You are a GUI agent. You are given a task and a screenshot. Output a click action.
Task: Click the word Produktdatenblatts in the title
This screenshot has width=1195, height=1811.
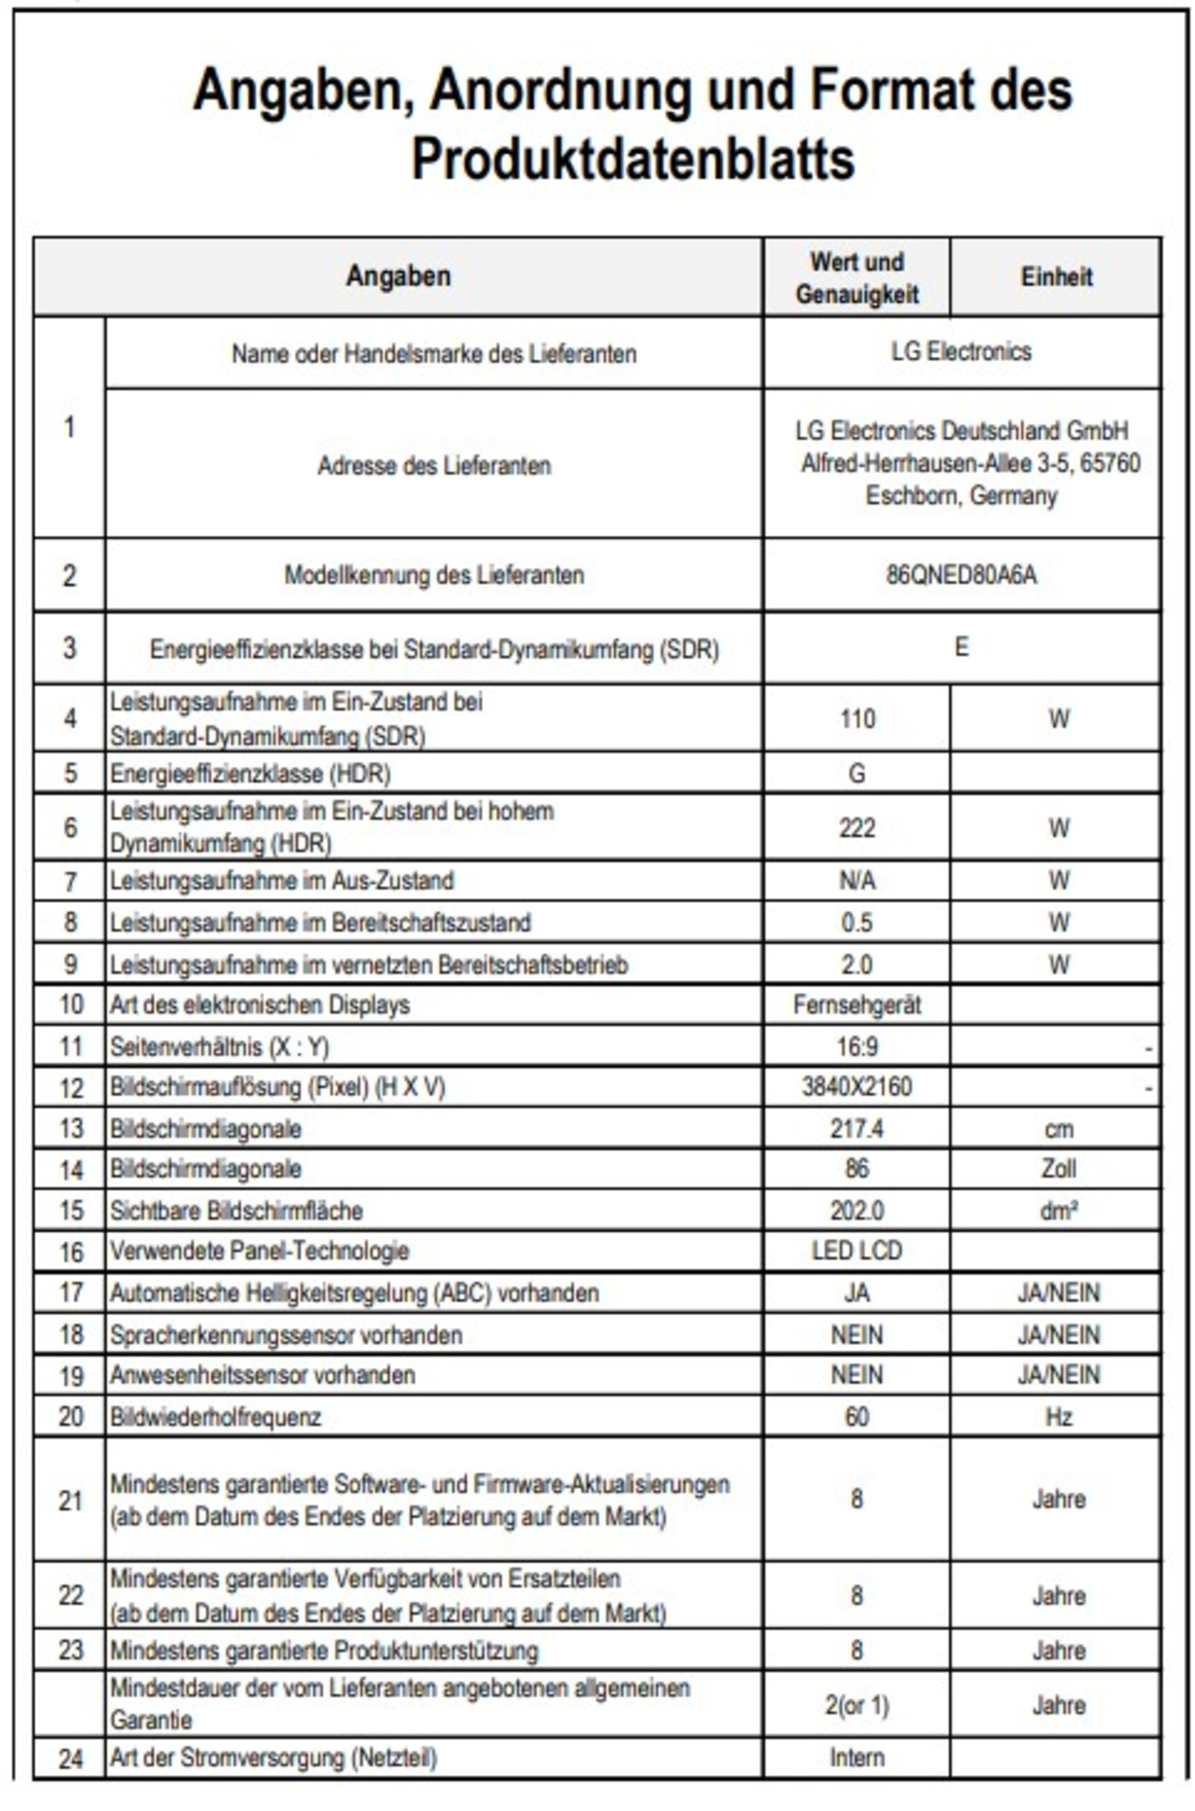click(632, 160)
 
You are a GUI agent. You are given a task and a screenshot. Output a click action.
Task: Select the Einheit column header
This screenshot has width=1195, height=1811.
click(1057, 277)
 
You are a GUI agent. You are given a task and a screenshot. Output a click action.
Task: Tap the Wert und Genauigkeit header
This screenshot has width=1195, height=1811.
click(857, 278)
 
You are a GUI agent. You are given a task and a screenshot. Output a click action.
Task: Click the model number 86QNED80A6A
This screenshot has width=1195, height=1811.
click(961, 575)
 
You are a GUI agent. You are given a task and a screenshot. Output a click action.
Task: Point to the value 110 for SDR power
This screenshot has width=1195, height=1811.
click(857, 719)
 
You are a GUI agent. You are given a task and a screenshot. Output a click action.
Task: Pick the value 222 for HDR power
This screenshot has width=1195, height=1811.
click(857, 827)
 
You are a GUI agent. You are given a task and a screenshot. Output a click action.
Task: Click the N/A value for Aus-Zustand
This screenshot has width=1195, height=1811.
click(857, 880)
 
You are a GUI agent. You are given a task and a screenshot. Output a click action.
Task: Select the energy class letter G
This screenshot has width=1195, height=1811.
click(857, 773)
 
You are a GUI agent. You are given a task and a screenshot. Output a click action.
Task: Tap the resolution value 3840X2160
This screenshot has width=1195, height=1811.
click(857, 1086)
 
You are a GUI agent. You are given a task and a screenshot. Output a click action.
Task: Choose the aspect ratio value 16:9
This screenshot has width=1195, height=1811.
click(857, 1046)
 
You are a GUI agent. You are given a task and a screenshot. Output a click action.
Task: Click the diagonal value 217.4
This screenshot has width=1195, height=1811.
click(857, 1128)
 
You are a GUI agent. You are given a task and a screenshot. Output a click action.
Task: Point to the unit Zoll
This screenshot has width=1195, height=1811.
click(1058, 1168)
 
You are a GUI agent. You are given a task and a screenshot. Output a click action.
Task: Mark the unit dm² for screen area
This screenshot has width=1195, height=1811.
click(1058, 1210)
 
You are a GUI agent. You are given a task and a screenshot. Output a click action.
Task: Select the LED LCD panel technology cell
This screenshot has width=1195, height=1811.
click(857, 1250)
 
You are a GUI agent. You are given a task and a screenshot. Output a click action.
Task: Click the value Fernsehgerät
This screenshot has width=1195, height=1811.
click(857, 1004)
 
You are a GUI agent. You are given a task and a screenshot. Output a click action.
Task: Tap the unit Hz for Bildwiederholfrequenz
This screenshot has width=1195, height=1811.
click(1058, 1417)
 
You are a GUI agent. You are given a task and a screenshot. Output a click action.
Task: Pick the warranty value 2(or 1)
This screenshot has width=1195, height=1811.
click(857, 1705)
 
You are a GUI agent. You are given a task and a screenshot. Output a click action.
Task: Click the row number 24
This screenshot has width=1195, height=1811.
click(71, 1758)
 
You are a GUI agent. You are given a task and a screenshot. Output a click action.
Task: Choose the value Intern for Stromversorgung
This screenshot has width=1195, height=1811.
click(857, 1757)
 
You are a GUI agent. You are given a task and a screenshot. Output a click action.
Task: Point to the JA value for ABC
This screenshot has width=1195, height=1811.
click(857, 1293)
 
